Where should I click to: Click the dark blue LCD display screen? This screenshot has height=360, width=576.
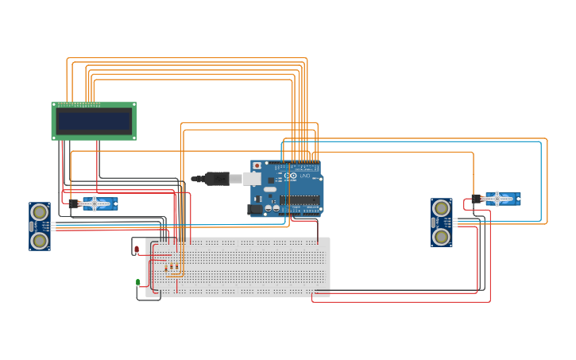click(94, 121)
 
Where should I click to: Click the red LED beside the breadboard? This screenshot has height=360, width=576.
click(137, 250)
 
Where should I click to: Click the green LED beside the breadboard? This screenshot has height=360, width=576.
click(138, 282)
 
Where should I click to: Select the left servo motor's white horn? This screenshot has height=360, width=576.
click(95, 203)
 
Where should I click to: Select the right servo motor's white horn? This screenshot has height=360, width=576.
click(497, 198)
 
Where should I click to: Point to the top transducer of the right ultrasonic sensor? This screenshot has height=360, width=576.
click(441, 208)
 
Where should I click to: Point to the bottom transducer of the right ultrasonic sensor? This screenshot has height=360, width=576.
click(441, 235)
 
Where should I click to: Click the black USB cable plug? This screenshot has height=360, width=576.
click(216, 179)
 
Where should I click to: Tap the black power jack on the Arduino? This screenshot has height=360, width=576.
click(254, 210)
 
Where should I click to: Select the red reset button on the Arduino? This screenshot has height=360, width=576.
click(257, 165)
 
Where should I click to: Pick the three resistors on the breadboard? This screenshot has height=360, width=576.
click(166, 262)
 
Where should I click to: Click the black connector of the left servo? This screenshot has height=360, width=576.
click(73, 204)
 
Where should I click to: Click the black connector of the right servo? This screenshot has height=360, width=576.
click(476, 199)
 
